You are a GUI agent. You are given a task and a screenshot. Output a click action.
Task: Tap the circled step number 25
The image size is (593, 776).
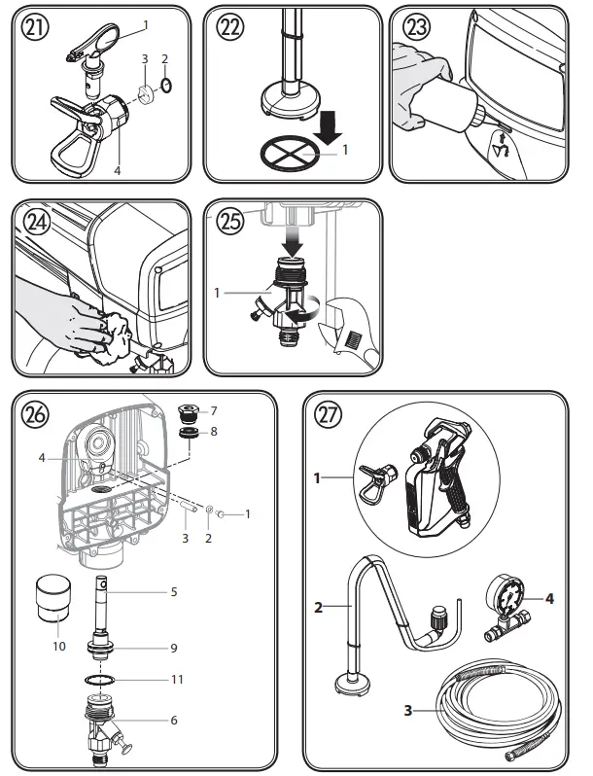(x=231, y=222)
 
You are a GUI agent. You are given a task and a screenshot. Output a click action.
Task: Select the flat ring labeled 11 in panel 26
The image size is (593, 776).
(x=105, y=679)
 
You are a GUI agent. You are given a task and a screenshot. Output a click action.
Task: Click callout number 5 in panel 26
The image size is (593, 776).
(x=174, y=590)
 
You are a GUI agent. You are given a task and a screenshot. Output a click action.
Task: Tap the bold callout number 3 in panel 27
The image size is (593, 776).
(x=408, y=711)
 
